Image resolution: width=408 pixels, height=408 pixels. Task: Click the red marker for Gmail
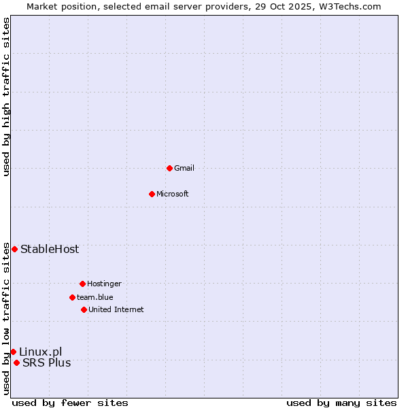pos(169,168)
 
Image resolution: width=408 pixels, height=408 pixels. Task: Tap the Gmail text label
pos(184,169)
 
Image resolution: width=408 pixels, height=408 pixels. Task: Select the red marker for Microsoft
pos(152,194)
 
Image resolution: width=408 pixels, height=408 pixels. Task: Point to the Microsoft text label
pos(173,194)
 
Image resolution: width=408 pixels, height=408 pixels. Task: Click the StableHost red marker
pos(14,249)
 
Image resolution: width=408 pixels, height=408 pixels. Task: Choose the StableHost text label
pos(50,250)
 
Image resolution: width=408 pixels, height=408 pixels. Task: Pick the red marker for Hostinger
pos(82,284)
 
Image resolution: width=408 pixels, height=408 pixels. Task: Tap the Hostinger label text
pos(104,284)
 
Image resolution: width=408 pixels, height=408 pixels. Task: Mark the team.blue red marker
pos(72,297)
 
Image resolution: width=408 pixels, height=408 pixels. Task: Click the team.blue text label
pos(95,298)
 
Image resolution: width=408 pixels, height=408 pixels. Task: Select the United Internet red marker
pos(84,309)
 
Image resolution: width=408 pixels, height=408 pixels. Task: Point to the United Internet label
pos(116,310)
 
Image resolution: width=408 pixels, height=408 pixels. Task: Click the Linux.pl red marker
pos(13,352)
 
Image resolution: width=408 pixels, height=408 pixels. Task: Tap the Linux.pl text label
pos(41,352)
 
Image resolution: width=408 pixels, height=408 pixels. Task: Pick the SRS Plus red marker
pos(16,362)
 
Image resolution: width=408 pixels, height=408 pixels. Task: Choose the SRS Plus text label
pos(47,363)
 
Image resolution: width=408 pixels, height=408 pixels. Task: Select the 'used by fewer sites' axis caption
pos(70,403)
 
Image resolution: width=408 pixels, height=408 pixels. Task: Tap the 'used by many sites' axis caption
pos(341,403)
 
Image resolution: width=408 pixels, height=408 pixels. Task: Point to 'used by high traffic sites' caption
pos(6,97)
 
